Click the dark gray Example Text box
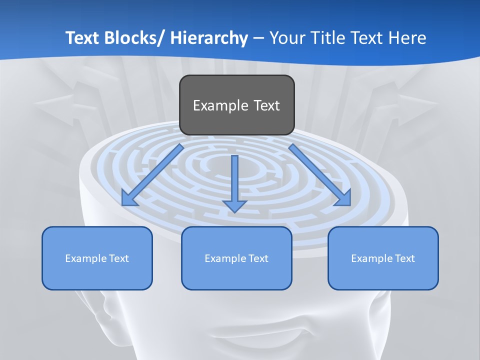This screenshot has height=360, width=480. (x=236, y=105)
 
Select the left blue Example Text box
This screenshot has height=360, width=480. (x=97, y=258)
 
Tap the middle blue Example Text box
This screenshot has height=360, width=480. (x=236, y=258)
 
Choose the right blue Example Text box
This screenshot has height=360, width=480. (x=383, y=258)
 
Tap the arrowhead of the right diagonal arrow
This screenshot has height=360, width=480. (x=344, y=199)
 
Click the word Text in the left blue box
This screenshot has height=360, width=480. (x=118, y=258)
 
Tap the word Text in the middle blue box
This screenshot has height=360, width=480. (x=258, y=258)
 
